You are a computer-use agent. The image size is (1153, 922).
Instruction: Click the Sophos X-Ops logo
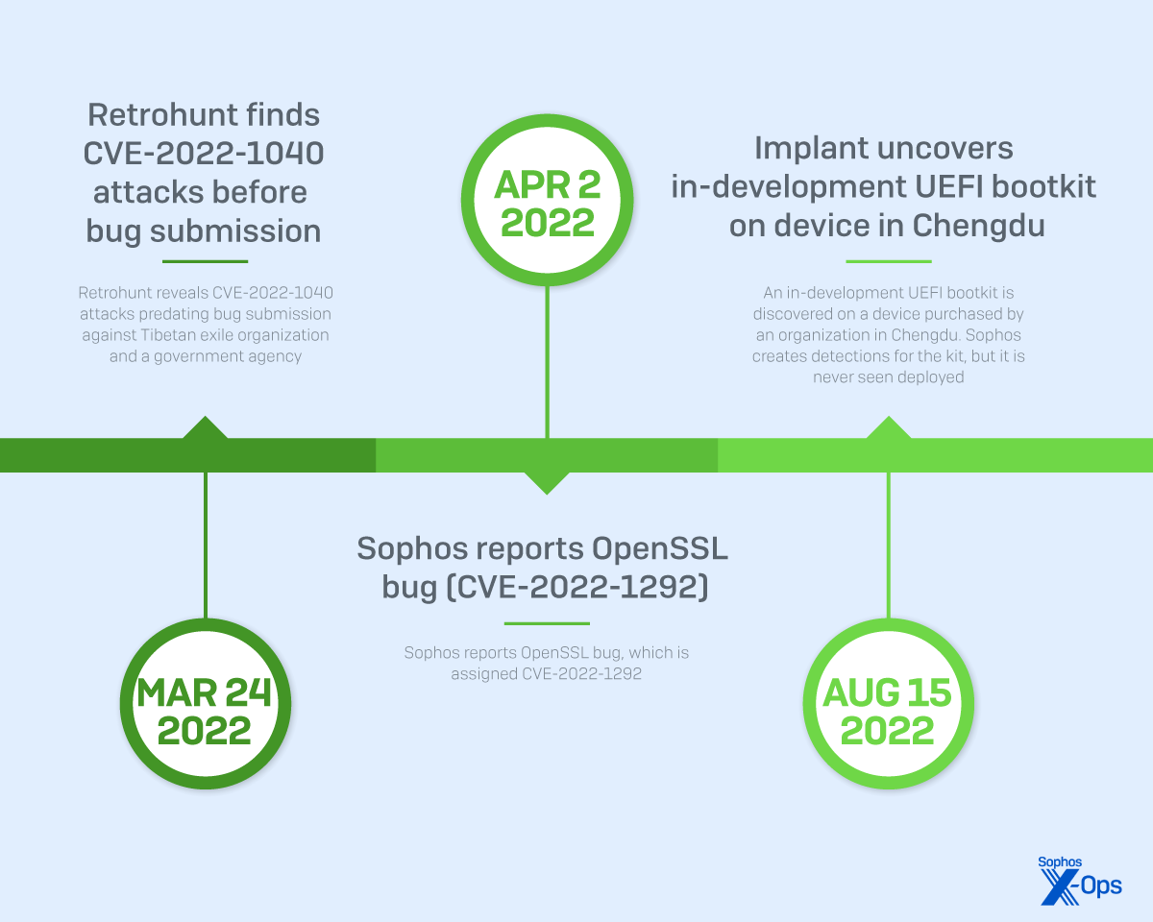pyautogui.click(x=1080, y=880)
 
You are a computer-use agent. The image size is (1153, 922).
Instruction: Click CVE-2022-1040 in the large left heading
pyautogui.click(x=205, y=154)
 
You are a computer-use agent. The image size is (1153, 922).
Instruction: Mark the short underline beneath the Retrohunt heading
pyautogui.click(x=205, y=261)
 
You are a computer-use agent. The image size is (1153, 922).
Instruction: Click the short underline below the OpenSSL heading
pyautogui.click(x=546, y=623)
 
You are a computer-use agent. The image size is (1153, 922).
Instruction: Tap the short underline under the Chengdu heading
pyautogui.click(x=888, y=261)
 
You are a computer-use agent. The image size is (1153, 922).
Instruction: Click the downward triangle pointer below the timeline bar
pyautogui.click(x=547, y=482)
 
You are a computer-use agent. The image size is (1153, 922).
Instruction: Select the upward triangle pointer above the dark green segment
pyautogui.click(x=205, y=428)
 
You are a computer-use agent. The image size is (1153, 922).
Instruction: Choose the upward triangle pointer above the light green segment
pyautogui.click(x=888, y=428)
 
